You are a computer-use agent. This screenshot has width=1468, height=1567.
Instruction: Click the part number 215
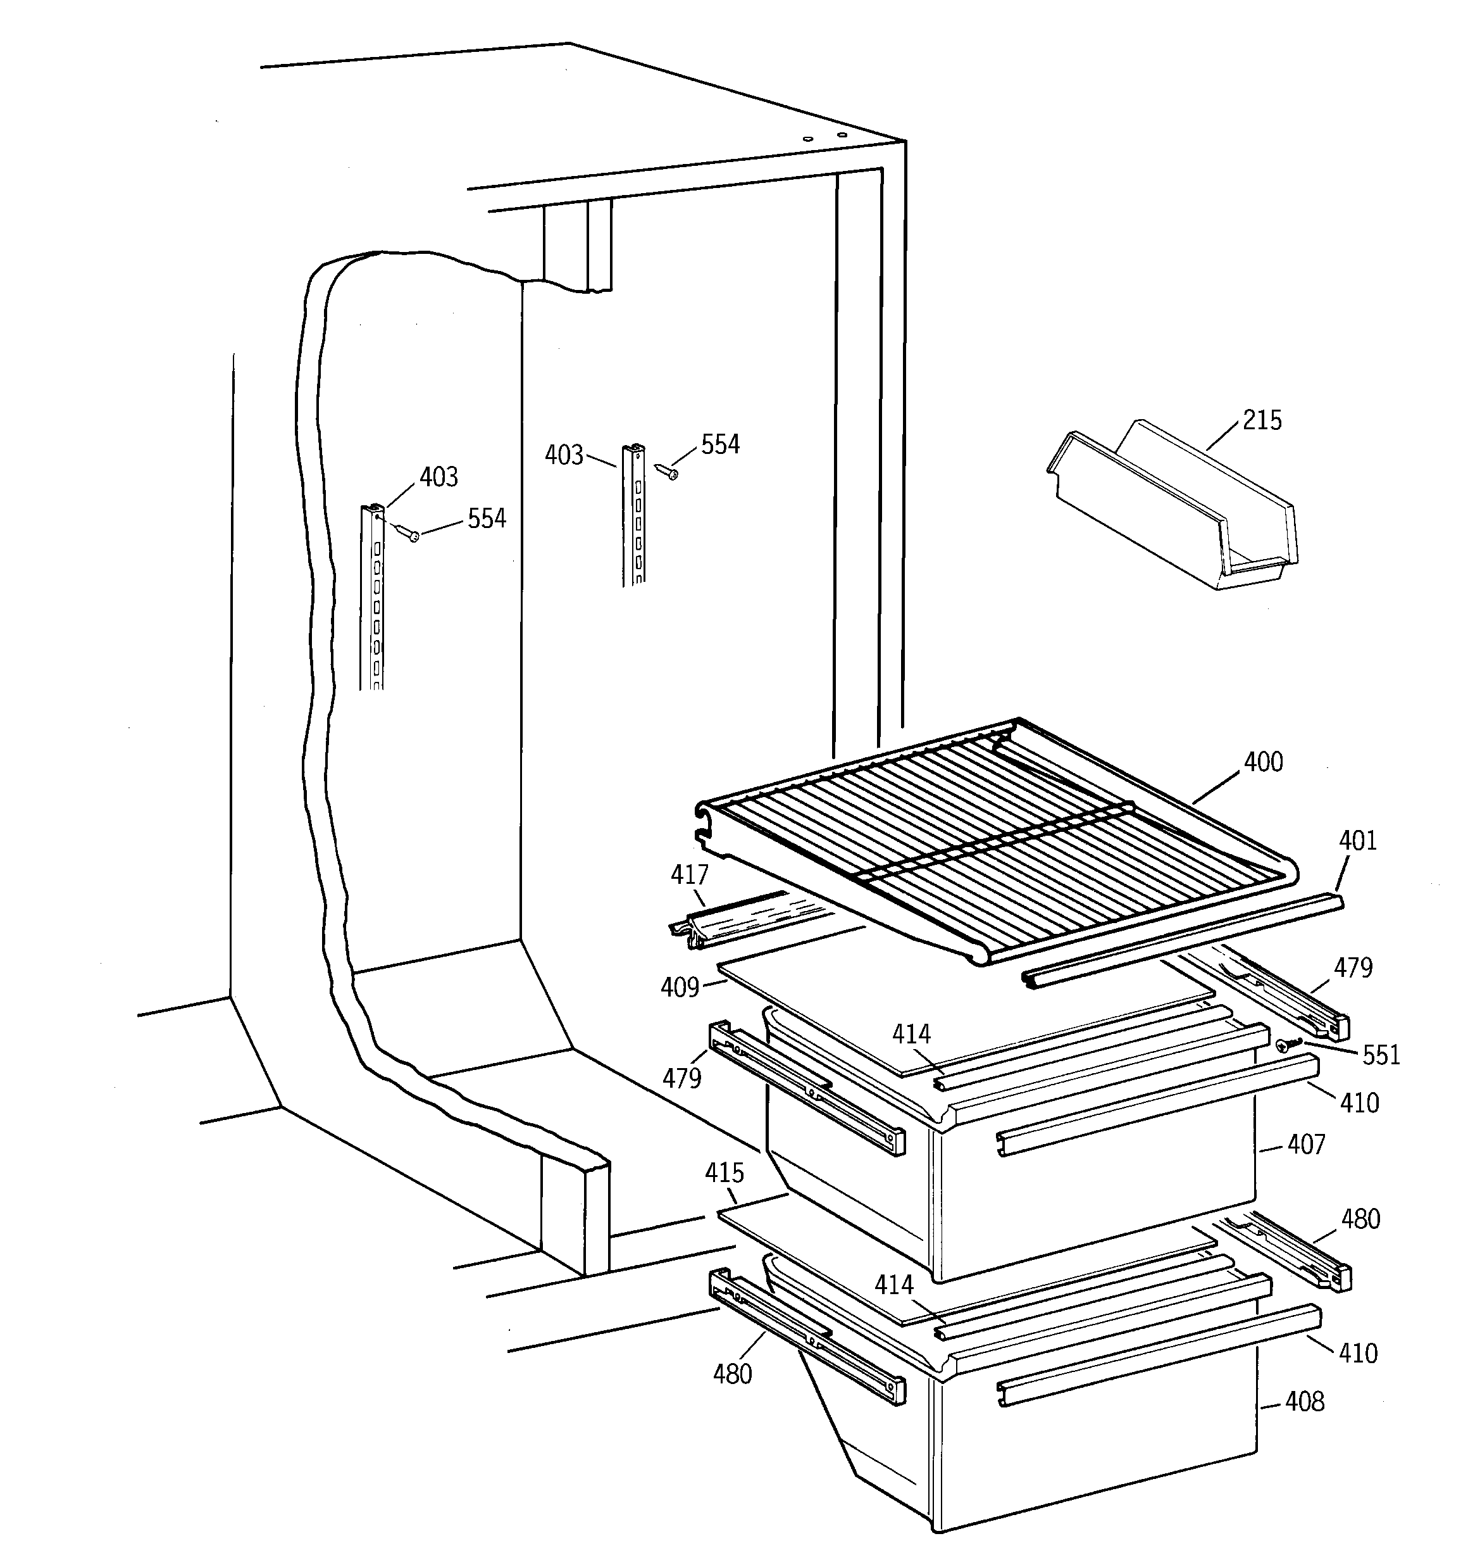pos(1262,420)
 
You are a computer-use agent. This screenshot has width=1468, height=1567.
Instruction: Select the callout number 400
pos(1263,762)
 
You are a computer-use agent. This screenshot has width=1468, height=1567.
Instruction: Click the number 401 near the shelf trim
pos(1359,840)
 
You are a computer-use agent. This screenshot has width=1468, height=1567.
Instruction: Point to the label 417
pos(690,874)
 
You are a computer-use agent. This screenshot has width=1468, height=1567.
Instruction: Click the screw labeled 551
pos(1284,1045)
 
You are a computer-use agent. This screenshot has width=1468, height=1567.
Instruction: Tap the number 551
pos(1381,1055)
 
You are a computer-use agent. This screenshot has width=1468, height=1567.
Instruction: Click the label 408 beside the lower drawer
pos(1305,1402)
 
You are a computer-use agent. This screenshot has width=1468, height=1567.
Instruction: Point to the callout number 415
pos(724,1173)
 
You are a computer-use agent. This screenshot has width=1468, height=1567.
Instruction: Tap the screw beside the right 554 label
pos(667,472)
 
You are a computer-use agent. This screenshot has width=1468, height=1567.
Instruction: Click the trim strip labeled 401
pos(1182,941)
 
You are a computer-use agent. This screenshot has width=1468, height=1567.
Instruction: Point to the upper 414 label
pos(912,1034)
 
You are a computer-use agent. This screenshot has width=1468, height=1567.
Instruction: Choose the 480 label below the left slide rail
pos(733,1374)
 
